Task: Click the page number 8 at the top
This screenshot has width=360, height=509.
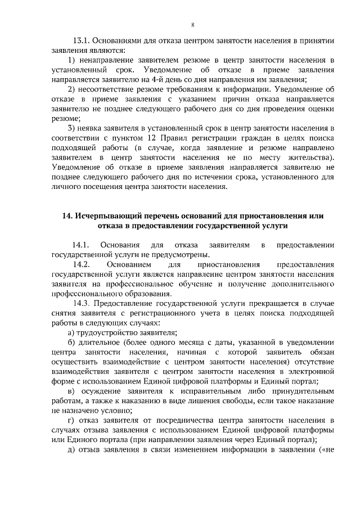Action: pos(192,24)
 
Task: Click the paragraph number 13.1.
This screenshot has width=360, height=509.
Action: pos(81,40)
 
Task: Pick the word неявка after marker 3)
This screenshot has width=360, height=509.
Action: pos(89,128)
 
